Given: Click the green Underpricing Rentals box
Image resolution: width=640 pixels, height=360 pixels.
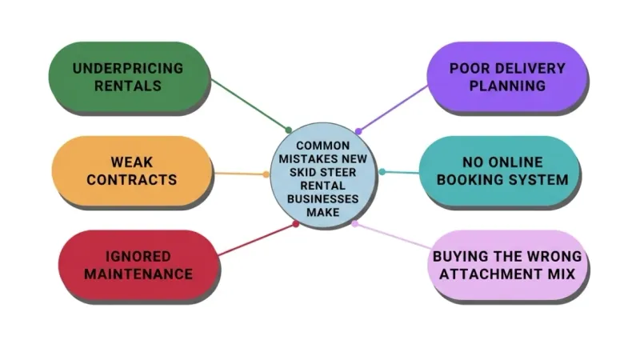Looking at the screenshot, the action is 129,76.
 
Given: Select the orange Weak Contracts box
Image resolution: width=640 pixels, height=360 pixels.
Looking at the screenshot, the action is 132,170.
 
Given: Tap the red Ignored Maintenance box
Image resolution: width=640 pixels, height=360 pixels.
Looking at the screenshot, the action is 138,265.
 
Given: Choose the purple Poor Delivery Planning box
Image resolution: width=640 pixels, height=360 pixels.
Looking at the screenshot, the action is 507,76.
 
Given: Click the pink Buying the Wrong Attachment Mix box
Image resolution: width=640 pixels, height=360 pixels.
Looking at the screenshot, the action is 507,265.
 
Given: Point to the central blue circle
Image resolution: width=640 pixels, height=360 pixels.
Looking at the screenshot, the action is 322,174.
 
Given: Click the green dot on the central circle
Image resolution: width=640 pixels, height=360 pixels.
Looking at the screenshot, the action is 289,130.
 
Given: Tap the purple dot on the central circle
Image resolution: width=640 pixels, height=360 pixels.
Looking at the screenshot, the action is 358,131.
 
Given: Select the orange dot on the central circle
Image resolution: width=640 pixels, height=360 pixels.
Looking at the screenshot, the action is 266,174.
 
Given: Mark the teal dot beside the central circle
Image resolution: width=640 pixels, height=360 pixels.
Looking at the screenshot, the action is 382,172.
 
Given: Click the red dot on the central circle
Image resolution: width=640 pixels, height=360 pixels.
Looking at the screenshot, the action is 296,224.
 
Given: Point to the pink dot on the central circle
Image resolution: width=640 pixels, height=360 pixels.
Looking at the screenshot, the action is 354,224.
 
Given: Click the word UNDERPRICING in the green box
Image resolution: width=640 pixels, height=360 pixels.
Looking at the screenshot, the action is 128,68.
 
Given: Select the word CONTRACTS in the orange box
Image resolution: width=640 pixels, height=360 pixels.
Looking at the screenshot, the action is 132,179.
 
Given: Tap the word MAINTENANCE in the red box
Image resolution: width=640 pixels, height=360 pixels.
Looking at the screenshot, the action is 138,274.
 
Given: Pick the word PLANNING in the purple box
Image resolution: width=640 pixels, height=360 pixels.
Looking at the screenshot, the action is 507,86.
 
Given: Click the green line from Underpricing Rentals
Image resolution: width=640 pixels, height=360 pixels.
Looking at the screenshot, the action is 250,105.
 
